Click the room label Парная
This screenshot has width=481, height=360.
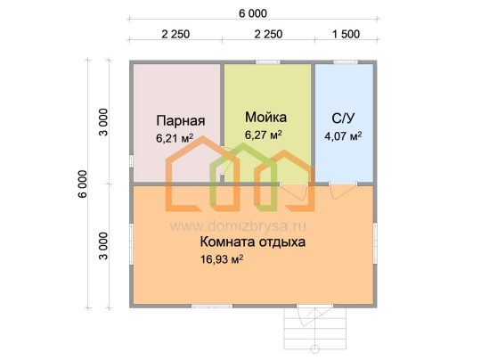pyautogui.click(x=180, y=120)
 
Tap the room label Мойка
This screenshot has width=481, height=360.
pyautogui.click(x=265, y=118)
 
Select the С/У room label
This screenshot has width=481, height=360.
pyautogui.click(x=343, y=119)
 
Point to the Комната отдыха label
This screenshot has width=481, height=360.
pyautogui.click(x=252, y=241)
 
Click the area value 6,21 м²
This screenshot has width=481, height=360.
pyautogui.click(x=175, y=138)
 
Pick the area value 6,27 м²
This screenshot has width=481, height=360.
pyautogui.click(x=263, y=135)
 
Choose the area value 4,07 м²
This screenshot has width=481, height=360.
pyautogui.click(x=343, y=136)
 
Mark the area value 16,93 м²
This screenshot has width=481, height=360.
pyautogui.click(x=222, y=259)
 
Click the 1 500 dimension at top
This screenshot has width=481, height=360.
pyautogui.click(x=346, y=34)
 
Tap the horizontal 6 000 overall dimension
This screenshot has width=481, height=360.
pyautogui.click(x=253, y=13)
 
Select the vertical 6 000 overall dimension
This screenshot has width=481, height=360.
pyautogui.click(x=83, y=184)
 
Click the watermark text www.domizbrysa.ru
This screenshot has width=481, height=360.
pyautogui.click(x=238, y=226)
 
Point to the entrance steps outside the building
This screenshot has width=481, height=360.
pyautogui.click(x=314, y=329)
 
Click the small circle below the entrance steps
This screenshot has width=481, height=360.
pyautogui.click(x=315, y=349)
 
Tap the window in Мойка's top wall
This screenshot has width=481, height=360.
pyautogui.click(x=268, y=62)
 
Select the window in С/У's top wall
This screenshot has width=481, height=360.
pyautogui.click(x=346, y=62)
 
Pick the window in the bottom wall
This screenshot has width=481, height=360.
pyautogui.click(x=212, y=306)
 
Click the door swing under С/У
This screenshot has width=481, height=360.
pyautogui.click(x=343, y=191)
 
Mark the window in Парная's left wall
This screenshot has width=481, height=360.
pyautogui.click(x=131, y=161)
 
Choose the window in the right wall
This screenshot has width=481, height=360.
pyautogui.click(x=375, y=243)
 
